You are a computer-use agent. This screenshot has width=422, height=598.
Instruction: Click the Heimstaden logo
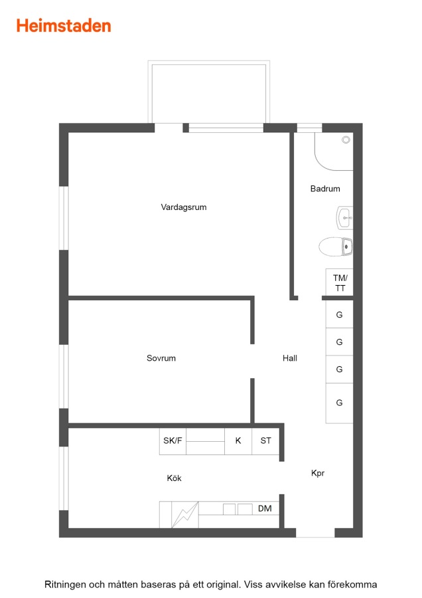64,26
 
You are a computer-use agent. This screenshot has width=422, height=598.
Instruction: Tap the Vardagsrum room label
184,207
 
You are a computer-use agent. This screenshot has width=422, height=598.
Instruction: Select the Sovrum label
161,358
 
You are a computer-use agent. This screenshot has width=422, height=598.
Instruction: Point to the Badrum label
325,189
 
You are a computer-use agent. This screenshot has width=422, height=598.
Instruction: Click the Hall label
290,358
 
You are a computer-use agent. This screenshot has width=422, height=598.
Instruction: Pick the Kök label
174,478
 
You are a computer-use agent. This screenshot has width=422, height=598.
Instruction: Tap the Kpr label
318,473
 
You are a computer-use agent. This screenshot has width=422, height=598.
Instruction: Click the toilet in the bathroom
336,247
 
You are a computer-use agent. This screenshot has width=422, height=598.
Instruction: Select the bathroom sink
344,218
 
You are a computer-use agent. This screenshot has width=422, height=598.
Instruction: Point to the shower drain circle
346,140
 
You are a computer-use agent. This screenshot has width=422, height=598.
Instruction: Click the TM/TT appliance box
339,282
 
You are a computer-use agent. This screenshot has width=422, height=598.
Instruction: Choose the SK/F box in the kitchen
173,441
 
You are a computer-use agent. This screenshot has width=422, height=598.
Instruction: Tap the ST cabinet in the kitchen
265,441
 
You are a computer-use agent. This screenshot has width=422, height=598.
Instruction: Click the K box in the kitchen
238,441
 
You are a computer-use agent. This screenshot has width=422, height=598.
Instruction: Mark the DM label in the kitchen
265,508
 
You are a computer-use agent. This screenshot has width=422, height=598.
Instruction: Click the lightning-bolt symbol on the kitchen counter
185,514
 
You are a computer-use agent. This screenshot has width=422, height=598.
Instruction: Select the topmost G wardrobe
339,314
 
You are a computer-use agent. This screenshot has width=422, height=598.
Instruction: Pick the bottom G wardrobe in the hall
339,403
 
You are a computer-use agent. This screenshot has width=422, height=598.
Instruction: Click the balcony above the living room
209,92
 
